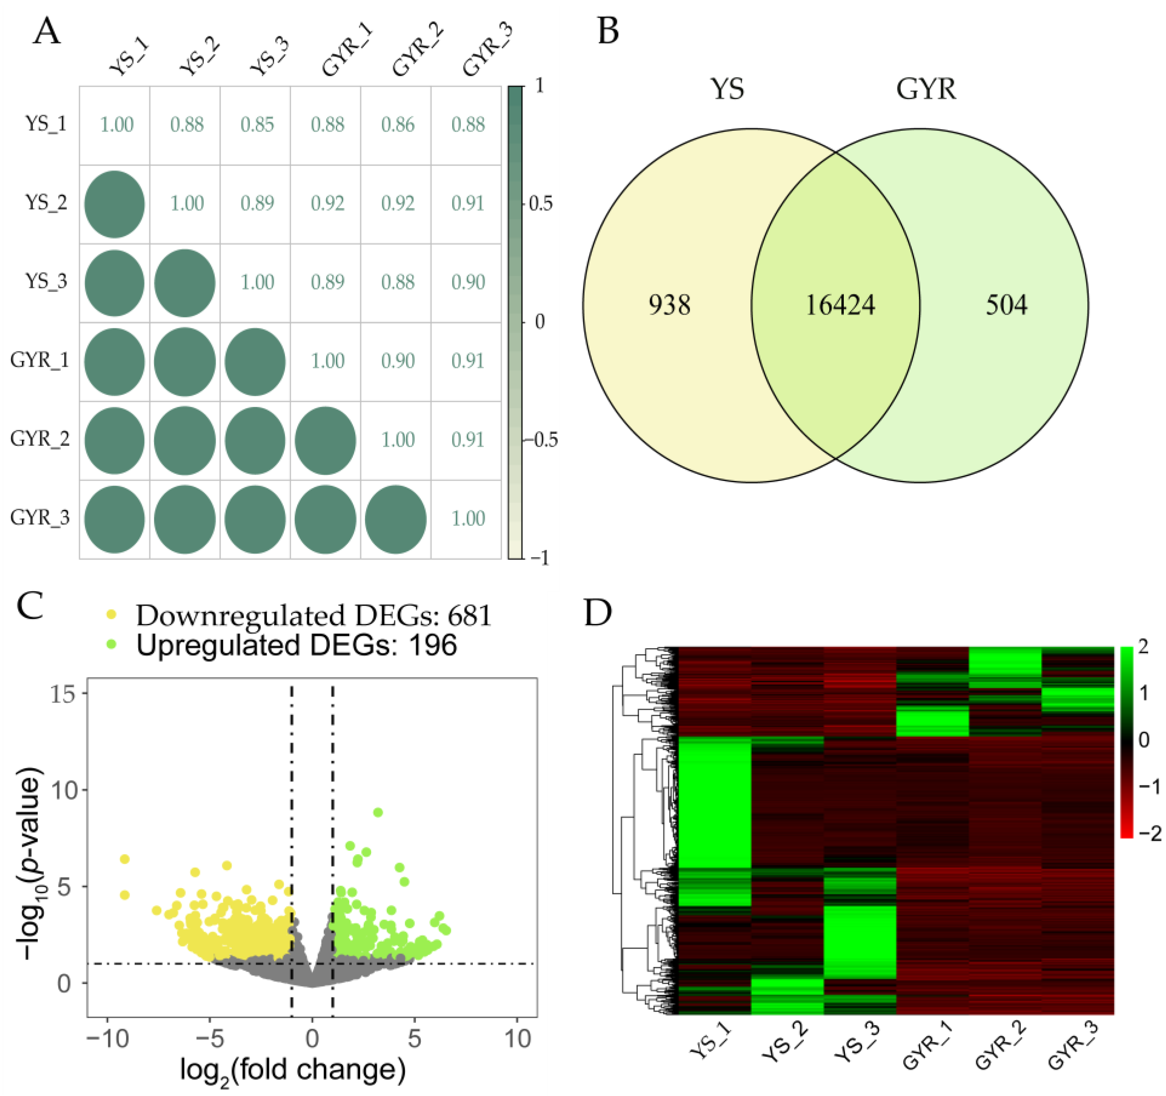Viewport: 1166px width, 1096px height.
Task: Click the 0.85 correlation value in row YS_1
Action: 257,124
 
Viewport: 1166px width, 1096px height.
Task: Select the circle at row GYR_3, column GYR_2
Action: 395,519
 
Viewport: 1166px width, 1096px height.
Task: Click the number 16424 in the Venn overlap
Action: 840,305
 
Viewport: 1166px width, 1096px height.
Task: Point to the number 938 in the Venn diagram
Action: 669,305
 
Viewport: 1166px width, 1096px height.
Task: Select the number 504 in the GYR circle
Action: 1007,305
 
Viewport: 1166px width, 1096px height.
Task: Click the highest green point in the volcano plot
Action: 378,812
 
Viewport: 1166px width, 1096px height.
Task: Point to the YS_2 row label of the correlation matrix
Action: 46,203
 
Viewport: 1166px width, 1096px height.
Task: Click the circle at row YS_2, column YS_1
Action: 114,204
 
